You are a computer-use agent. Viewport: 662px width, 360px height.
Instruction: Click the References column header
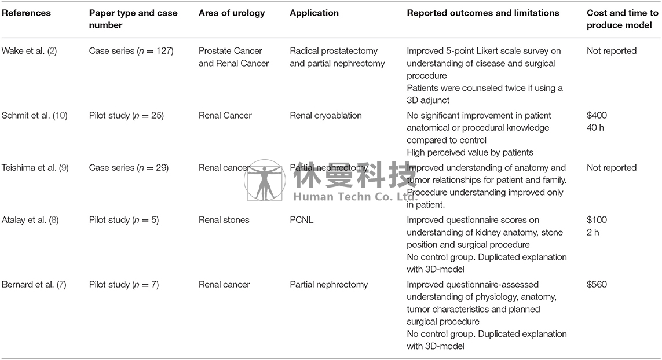26,13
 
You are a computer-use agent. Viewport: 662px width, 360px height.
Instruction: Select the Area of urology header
231,13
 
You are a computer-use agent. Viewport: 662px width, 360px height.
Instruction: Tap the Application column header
314,13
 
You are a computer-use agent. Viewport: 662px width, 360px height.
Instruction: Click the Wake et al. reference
29,51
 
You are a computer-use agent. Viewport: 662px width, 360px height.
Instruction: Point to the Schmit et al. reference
34,116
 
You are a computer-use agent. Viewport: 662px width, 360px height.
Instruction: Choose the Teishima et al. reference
35,168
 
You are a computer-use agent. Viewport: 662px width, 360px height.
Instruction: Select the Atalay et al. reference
30,220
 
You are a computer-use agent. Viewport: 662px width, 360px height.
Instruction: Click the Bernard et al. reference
34,285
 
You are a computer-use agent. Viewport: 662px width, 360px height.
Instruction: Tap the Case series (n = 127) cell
131,51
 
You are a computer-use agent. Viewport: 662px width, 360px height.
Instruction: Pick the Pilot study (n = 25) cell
126,116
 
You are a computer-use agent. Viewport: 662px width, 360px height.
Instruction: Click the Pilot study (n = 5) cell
124,220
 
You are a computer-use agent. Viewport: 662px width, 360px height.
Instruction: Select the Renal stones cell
224,220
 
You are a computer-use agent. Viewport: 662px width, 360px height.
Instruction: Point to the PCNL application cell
301,220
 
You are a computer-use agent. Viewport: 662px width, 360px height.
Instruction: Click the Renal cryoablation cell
325,116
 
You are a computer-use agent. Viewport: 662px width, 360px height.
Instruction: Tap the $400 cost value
597,116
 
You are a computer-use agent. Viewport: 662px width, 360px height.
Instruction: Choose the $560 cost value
597,285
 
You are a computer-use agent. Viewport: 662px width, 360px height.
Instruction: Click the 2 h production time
592,232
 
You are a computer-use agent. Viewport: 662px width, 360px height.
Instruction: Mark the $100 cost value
597,220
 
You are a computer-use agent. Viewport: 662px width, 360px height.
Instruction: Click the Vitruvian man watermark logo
265,180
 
